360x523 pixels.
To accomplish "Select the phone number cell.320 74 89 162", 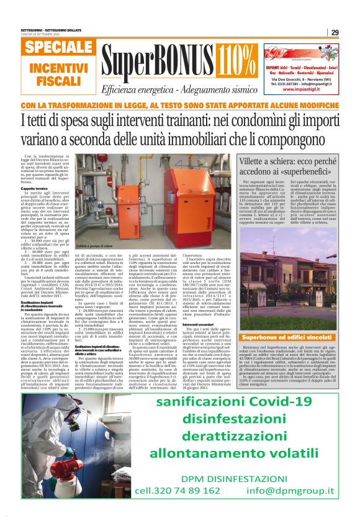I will [169, 507].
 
